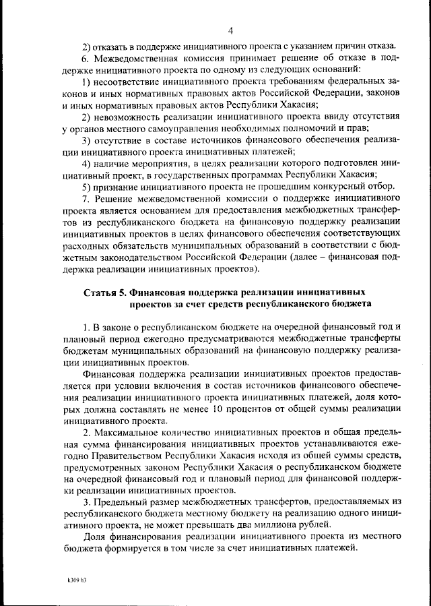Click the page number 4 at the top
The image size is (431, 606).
tap(230, 30)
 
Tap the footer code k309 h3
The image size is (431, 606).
tap(77, 579)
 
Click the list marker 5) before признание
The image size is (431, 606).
tap(86, 187)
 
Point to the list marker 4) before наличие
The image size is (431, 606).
tap(86, 163)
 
